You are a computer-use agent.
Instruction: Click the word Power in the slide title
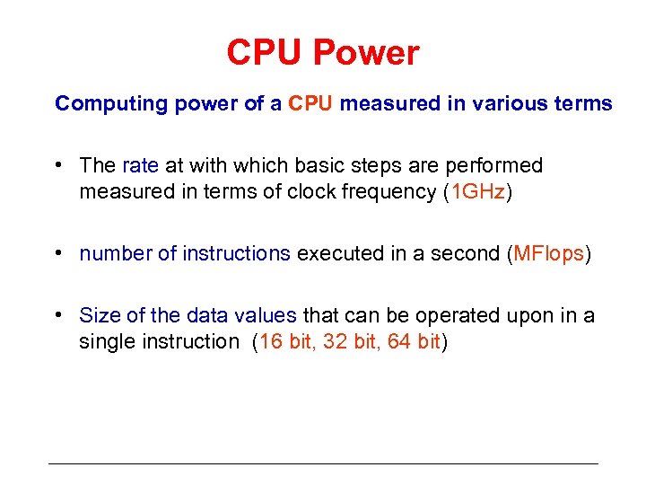point(369,53)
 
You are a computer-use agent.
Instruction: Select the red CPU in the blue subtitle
point(311,103)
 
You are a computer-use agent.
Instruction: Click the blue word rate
point(140,165)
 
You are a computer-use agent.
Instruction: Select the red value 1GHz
point(478,190)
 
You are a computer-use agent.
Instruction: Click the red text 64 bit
point(414,341)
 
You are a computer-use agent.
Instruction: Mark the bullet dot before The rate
point(57,165)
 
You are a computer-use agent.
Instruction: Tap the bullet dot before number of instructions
point(57,253)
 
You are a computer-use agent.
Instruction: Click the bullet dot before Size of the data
point(57,315)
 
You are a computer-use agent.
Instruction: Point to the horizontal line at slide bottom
point(323,463)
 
